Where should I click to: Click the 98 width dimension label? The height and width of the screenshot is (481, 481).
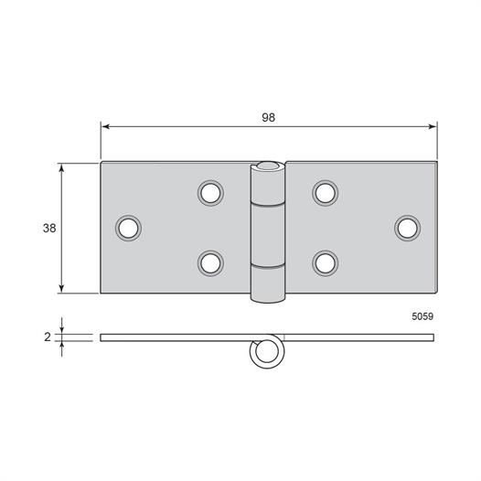(x=269, y=117)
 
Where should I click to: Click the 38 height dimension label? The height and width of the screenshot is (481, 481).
(x=49, y=229)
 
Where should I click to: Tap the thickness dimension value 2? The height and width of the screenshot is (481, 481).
(x=48, y=337)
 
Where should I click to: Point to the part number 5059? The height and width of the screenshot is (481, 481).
(x=422, y=316)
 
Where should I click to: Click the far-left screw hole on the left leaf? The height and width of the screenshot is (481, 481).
(x=128, y=229)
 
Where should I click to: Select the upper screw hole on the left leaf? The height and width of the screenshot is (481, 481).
(x=210, y=193)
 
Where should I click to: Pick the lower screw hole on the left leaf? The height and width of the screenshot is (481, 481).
(x=210, y=263)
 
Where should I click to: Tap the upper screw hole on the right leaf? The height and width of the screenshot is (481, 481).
(x=326, y=193)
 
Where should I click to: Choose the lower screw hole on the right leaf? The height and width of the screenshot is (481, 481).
(x=326, y=263)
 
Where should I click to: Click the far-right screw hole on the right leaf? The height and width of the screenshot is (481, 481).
(x=407, y=229)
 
